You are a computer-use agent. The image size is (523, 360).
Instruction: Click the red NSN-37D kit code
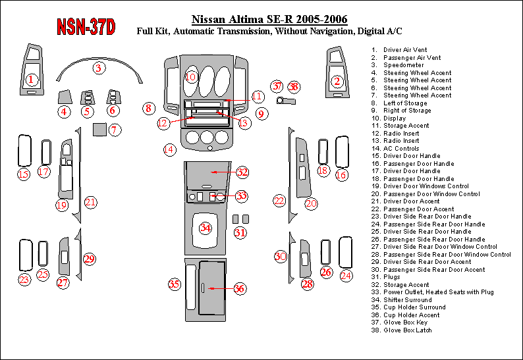[86, 27]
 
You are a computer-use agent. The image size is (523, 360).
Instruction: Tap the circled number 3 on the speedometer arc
[98, 68]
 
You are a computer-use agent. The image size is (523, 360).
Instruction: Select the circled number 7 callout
[115, 130]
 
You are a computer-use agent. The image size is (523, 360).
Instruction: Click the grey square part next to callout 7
[99, 130]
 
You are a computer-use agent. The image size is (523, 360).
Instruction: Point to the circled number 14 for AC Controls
[169, 149]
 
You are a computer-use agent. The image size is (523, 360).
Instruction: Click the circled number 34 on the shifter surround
[205, 228]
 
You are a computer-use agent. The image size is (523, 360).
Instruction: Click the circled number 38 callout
[294, 87]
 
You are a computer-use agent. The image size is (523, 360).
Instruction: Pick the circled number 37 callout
[277, 86]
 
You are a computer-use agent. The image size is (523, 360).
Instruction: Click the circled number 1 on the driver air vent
[31, 80]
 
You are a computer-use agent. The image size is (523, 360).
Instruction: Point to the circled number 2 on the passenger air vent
[337, 81]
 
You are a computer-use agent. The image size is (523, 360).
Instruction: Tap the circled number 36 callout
[239, 288]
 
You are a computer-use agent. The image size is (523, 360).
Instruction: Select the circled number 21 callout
[90, 202]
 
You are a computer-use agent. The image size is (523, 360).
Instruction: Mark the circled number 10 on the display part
[191, 78]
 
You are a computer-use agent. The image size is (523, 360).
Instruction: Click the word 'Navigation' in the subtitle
[331, 32]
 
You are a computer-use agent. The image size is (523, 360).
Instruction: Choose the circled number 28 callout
[307, 284]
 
